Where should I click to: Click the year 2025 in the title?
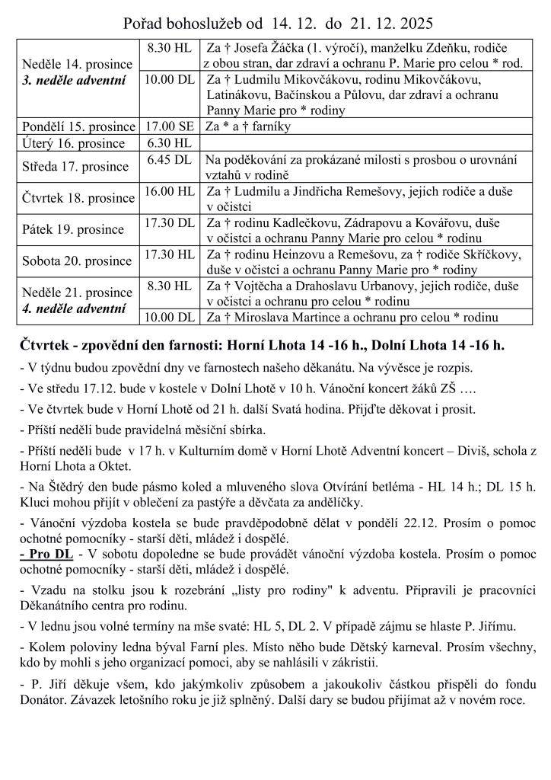click(x=410, y=23)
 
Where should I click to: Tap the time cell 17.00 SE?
click(x=169, y=126)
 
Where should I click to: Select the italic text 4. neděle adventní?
click(x=74, y=308)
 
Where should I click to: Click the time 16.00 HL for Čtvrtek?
click(x=169, y=191)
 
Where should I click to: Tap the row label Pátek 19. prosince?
click(x=73, y=229)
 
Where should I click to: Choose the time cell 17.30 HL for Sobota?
click(x=169, y=254)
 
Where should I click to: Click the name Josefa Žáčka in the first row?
click(x=269, y=47)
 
